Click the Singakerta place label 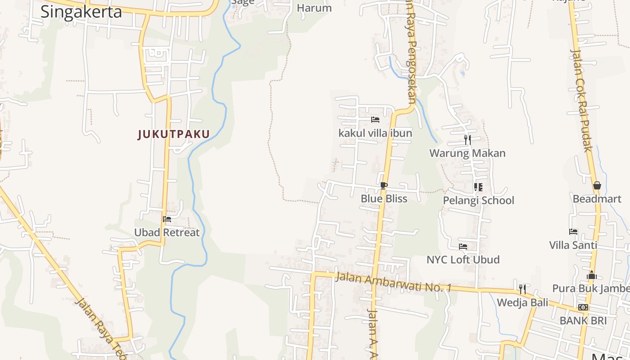(81, 12)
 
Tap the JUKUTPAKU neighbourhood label (174, 134)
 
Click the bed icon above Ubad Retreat (167, 219)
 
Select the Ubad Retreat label (166, 233)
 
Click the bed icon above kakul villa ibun (375, 120)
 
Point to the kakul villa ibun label (375, 133)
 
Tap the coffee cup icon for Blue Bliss (383, 185)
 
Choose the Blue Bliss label (384, 199)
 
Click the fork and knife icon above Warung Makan (468, 140)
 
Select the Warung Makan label (468, 153)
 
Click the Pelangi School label (478, 201)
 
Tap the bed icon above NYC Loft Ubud (463, 246)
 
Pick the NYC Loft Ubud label (463, 260)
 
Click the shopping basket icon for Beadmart (597, 185)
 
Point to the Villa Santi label (573, 245)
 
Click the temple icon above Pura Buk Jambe (591, 275)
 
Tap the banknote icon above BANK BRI (583, 307)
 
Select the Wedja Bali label (522, 303)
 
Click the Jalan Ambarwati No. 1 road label (393, 282)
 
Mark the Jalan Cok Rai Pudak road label (581, 100)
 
